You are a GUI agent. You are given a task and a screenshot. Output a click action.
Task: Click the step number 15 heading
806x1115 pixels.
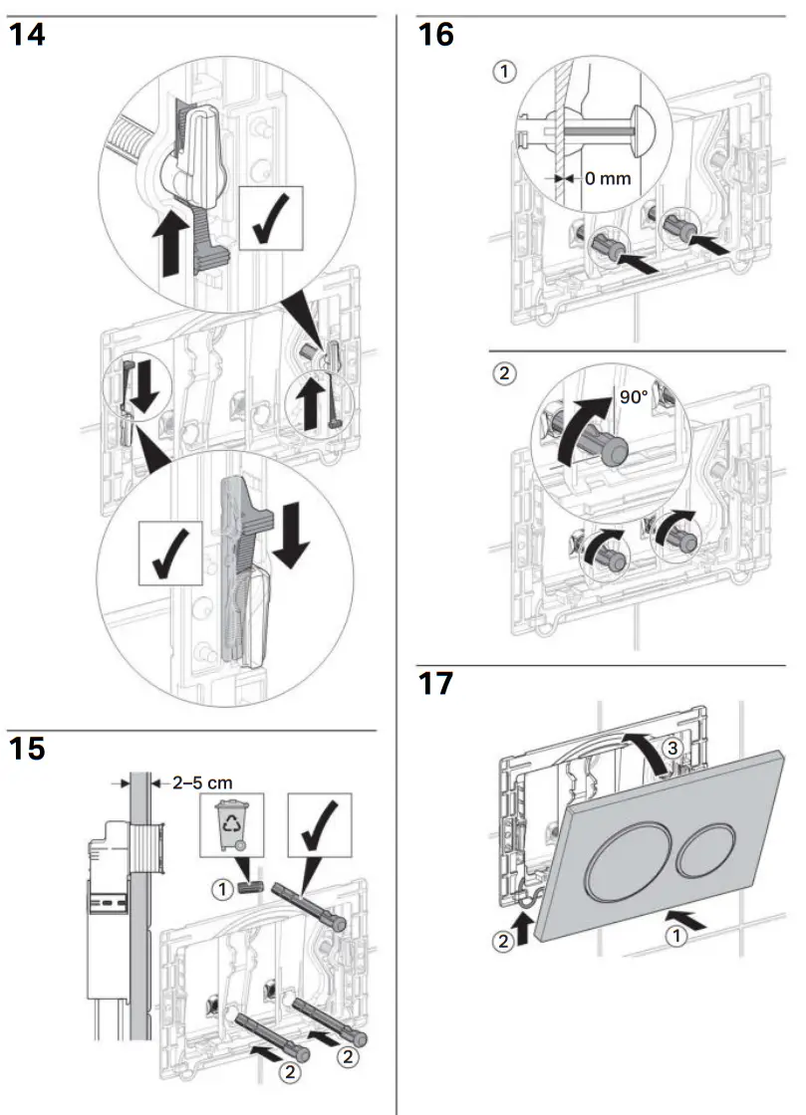(x=27, y=748)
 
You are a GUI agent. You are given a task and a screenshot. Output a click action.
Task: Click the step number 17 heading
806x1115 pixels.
(x=435, y=684)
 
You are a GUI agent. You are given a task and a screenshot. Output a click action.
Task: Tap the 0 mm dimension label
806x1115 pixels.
(x=607, y=179)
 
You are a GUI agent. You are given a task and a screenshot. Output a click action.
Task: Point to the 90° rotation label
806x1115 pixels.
(x=634, y=395)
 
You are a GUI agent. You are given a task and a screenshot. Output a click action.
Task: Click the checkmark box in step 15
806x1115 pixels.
(x=319, y=823)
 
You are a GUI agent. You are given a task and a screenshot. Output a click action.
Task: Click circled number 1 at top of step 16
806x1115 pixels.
(x=506, y=72)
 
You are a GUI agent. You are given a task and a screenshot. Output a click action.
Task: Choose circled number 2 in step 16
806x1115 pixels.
(x=506, y=374)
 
